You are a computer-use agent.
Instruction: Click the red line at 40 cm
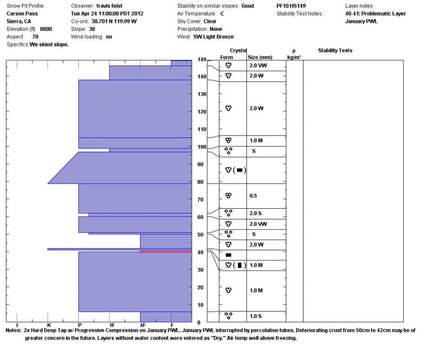[166, 251]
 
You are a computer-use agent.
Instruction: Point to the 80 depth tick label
[201, 182]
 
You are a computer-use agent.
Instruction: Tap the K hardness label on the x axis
[48, 325]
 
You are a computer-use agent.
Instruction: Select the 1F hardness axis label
[111, 325]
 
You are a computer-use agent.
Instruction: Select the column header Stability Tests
[335, 51]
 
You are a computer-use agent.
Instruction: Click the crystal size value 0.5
[253, 196]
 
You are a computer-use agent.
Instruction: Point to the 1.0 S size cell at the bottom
[256, 316]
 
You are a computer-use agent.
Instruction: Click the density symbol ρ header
[294, 50]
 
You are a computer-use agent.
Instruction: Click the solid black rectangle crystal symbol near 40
[228, 255]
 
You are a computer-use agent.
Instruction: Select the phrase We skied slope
[49, 45]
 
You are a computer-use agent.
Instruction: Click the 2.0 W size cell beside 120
[257, 109]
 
